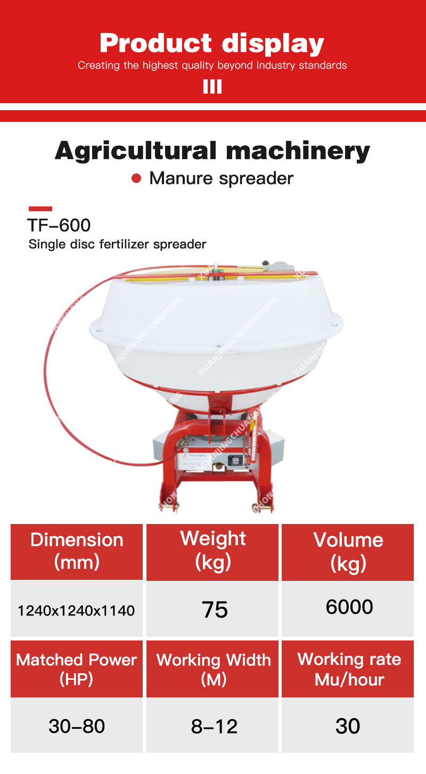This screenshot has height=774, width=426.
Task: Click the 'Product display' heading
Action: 212,43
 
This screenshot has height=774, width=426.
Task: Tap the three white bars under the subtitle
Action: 212,87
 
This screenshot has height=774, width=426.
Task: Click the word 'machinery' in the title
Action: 297,151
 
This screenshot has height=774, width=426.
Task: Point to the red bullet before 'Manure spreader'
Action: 137,178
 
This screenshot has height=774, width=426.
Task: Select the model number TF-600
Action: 59,225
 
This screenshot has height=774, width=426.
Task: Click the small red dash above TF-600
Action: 40,209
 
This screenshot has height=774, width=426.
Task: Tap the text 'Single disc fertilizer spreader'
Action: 117,245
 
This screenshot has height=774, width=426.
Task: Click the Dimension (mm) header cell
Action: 77,551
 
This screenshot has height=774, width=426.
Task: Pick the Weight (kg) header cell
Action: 212,551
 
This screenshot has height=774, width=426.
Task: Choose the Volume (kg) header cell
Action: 348,551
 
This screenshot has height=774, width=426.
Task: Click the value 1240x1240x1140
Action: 77,610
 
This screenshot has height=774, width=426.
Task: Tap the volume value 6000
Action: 349,607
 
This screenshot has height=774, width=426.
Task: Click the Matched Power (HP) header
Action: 77,669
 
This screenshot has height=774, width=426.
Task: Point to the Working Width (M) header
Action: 213,669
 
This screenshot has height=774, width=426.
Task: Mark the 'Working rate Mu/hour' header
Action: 349,669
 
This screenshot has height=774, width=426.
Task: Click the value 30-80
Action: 77,726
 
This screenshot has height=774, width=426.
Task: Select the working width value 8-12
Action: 214,726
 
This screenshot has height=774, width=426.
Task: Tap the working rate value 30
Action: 348,726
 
